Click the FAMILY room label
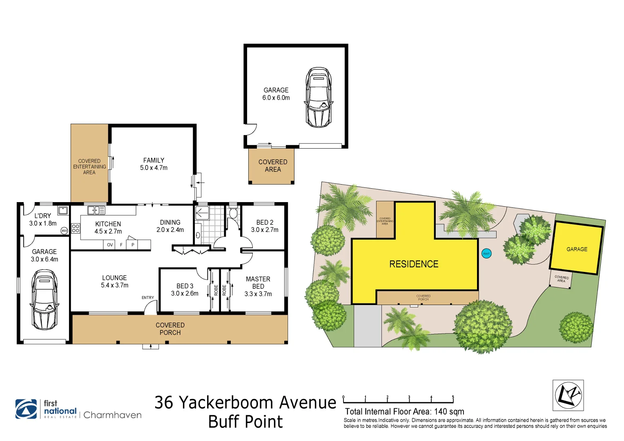[x=154, y=160]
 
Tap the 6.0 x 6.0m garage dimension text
[x=276, y=98]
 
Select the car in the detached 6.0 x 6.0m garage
[x=319, y=97]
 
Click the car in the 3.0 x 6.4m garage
[x=45, y=299]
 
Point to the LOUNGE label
[x=114, y=278]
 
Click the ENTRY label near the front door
[x=148, y=298]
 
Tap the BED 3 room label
[x=185, y=286]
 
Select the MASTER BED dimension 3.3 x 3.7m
[x=258, y=294]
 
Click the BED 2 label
[x=265, y=223]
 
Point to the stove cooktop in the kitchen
[x=76, y=228]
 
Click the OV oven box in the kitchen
[x=110, y=245]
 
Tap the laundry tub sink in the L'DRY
[x=63, y=211]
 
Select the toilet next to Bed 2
[x=233, y=213]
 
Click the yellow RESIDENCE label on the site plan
[x=414, y=264]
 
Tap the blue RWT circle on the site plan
[x=486, y=254]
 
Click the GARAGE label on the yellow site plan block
[x=577, y=249]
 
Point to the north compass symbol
[x=568, y=395]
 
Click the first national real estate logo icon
[x=26, y=409]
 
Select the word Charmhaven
[x=112, y=415]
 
